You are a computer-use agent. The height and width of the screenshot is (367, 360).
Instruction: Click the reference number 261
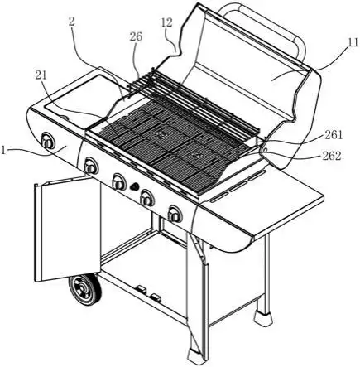click(334, 135)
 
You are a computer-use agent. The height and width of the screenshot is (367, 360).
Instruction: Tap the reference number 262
click(332, 156)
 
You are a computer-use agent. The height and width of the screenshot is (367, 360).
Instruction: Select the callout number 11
click(353, 43)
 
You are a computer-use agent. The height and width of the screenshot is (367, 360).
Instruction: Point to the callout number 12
click(166, 22)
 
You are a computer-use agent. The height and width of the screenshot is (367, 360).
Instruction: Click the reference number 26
click(137, 36)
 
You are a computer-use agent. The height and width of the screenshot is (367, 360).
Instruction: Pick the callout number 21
click(41, 75)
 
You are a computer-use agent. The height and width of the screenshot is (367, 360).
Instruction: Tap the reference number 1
click(3, 151)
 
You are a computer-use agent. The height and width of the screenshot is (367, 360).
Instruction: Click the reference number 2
click(71, 22)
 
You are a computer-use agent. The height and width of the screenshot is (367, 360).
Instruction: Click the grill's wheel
click(85, 289)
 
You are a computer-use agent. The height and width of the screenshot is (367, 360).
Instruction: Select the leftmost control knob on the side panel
click(48, 142)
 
